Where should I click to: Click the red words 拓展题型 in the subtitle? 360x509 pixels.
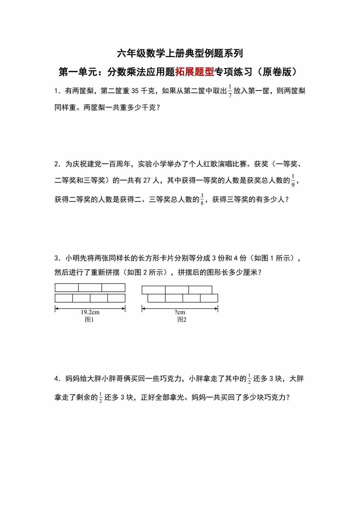[194, 72]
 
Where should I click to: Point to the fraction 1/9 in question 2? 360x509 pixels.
[293, 181]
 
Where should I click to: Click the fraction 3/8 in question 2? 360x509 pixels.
[202, 199]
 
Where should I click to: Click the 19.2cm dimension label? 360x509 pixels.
[90, 312]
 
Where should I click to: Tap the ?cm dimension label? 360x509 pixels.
[180, 312]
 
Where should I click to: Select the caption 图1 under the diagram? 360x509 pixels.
[89, 320]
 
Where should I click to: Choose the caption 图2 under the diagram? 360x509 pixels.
[182, 320]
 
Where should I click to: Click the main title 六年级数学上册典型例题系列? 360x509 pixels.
[180, 54]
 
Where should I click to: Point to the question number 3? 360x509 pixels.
[56, 258]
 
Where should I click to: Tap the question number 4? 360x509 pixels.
[56, 379]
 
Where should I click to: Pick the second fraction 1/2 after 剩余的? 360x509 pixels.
[101, 397]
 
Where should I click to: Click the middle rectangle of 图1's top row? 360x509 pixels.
[90, 287]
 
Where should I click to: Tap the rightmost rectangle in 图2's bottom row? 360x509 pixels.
[209, 298]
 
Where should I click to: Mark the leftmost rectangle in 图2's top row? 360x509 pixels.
[154, 290]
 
